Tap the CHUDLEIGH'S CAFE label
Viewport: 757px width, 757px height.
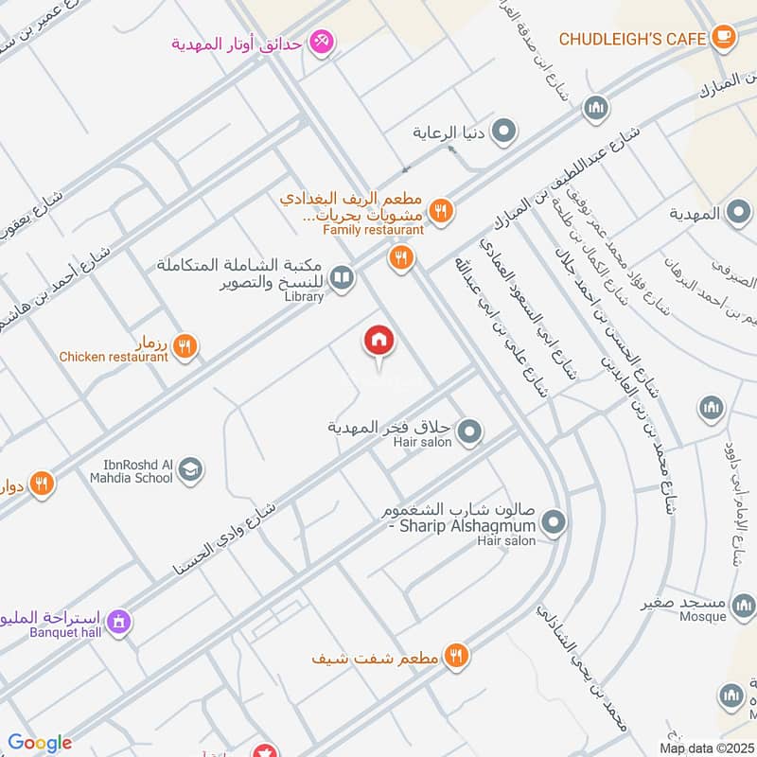pos(633,39)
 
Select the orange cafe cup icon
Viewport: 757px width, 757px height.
pos(724,38)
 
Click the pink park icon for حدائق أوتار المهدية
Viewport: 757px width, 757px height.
pos(322,44)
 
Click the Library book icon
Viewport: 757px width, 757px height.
pos(343,277)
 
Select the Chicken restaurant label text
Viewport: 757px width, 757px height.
pos(114,357)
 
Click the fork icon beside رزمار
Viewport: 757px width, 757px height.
pos(185,347)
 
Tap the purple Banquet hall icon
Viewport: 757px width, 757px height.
pos(118,622)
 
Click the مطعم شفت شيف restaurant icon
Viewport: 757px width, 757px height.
pos(456,654)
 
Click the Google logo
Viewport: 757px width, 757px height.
pos(40,743)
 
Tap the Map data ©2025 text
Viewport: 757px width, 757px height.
pos(706,748)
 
